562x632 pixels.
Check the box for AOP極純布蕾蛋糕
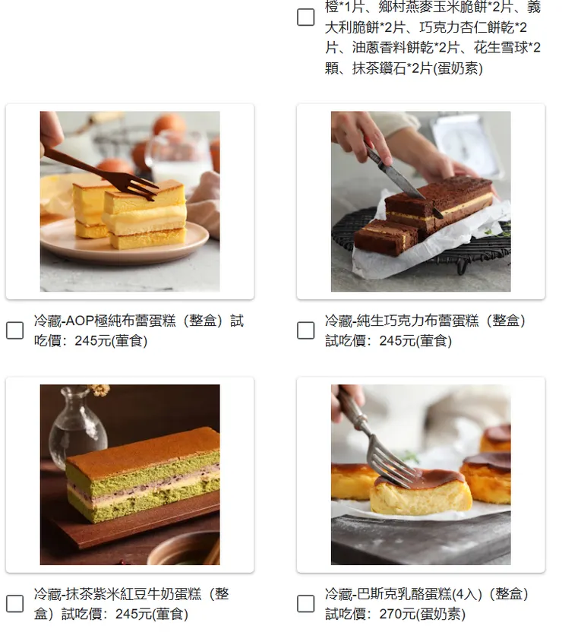click(14, 330)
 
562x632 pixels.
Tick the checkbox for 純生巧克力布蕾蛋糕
click(305, 330)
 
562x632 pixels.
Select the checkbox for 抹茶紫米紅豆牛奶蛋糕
click(14, 604)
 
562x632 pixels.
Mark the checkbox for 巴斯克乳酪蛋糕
click(305, 604)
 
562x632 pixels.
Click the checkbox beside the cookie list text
click(305, 17)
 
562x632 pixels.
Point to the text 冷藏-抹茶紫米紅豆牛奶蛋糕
click(122, 594)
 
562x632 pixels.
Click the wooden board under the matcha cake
click(106, 536)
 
